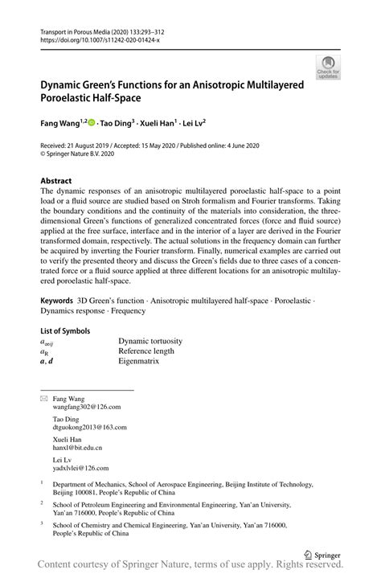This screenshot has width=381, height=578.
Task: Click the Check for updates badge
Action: pyautogui.click(x=328, y=68)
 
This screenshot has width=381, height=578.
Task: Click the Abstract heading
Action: pyautogui.click(x=56, y=181)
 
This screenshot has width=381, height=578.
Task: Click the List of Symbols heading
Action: pyautogui.click(x=65, y=330)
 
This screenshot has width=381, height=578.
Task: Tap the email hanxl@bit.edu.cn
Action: pyautogui.click(x=77, y=448)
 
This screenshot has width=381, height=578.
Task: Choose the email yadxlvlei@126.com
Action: pyautogui.click(x=81, y=467)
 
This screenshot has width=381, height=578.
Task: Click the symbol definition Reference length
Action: pyautogui.click(x=146, y=351)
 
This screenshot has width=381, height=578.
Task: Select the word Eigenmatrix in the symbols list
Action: pyautogui.click(x=139, y=362)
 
